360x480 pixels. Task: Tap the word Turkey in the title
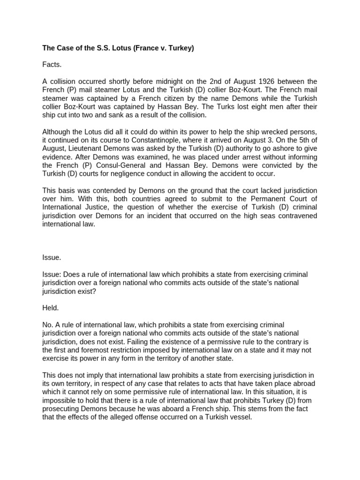[178, 48]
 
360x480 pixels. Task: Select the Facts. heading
[52, 64]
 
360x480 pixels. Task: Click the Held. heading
[51, 308]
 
